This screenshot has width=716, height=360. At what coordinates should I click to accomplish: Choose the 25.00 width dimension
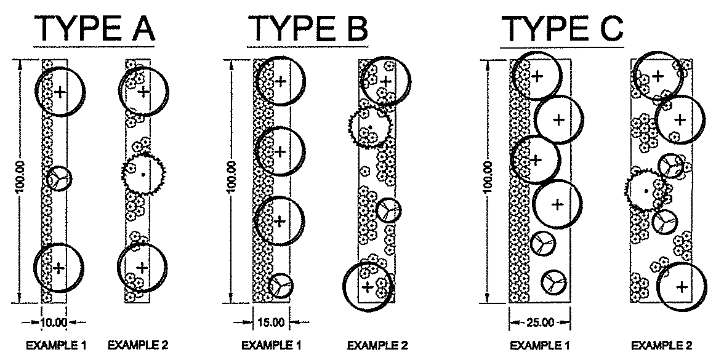[x=540, y=322]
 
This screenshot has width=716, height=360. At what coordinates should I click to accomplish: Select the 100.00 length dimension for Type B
[x=231, y=180]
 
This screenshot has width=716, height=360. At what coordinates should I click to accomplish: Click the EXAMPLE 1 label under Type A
[x=56, y=345]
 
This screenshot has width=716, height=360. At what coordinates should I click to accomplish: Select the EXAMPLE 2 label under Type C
[x=662, y=345]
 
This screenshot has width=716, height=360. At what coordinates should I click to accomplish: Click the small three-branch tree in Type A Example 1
[x=60, y=178]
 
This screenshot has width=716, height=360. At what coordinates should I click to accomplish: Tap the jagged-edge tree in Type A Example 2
[x=142, y=174]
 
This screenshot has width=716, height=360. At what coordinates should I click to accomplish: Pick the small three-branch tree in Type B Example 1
[x=281, y=286]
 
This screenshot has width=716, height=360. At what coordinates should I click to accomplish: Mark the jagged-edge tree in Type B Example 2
[x=370, y=127]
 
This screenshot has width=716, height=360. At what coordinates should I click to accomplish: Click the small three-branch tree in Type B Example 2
[x=388, y=210]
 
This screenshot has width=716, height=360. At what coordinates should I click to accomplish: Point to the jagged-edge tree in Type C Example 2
[x=645, y=190]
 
